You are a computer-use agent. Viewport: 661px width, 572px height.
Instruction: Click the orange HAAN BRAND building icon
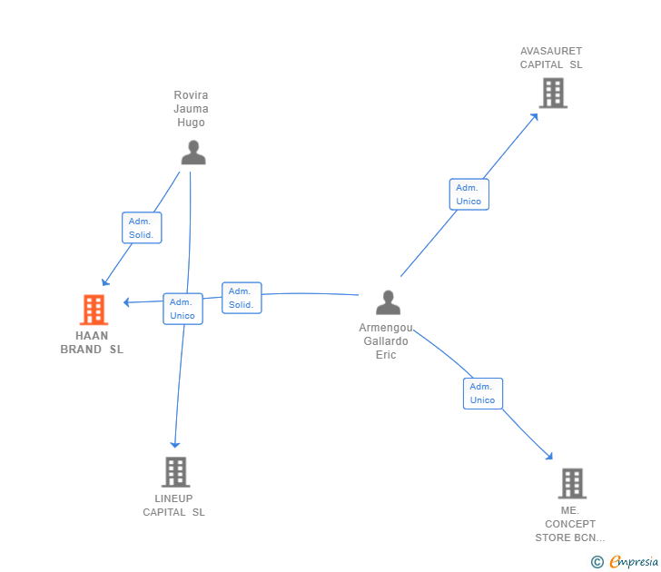(x=94, y=310)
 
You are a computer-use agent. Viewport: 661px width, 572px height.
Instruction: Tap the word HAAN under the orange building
(x=92, y=336)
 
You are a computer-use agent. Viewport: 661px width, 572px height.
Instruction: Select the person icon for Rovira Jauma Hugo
(x=193, y=153)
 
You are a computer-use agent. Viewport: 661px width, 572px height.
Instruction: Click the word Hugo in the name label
(x=191, y=123)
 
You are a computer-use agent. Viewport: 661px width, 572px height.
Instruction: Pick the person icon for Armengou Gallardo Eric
(x=389, y=302)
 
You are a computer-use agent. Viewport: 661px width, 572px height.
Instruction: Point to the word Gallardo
(x=386, y=341)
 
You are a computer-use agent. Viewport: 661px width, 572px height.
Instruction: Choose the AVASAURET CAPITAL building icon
(x=553, y=94)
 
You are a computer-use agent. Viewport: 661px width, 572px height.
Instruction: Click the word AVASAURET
(x=551, y=51)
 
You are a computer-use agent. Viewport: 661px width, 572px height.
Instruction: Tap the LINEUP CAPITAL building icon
(x=176, y=472)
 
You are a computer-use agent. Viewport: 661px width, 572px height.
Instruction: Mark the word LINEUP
(x=173, y=498)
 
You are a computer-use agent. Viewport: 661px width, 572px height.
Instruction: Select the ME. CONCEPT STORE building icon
(x=572, y=484)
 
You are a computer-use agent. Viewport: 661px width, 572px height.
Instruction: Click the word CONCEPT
(x=570, y=524)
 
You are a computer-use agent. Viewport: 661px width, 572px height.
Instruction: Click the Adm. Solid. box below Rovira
(x=142, y=228)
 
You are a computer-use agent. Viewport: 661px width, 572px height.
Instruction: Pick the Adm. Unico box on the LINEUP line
(x=183, y=309)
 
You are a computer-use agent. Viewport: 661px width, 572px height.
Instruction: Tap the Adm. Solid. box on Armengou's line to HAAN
(x=242, y=298)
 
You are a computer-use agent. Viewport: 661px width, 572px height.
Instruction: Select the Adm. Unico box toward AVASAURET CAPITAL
(x=469, y=194)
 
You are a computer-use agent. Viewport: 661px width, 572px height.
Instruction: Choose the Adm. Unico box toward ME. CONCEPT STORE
(x=483, y=394)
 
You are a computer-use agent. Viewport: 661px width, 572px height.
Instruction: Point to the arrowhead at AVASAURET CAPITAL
(x=535, y=117)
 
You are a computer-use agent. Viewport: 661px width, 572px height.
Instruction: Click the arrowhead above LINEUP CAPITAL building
(x=175, y=445)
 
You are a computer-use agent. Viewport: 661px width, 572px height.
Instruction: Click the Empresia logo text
(x=634, y=561)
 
